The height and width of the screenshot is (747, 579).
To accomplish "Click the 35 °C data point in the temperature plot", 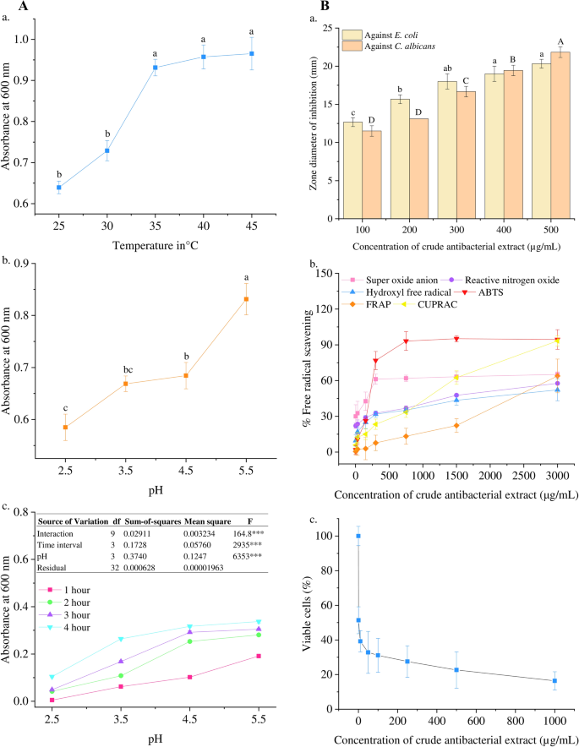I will (x=155, y=68).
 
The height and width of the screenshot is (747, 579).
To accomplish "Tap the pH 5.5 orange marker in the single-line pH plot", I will (x=247, y=299).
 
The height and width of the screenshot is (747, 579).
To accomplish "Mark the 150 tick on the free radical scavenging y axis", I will (x=333, y=273).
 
